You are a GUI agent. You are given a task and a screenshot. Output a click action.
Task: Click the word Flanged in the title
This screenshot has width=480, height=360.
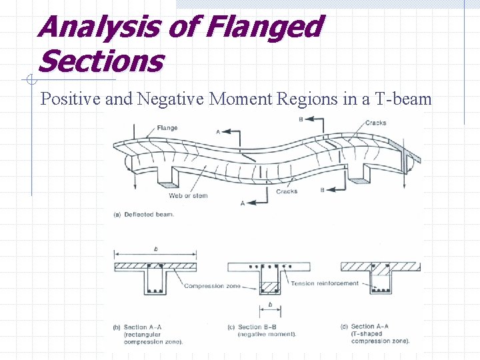click(x=264, y=28)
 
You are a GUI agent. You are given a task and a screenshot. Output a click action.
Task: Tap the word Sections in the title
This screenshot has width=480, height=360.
click(x=101, y=62)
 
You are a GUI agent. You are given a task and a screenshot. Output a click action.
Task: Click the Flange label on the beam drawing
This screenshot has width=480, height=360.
click(x=167, y=128)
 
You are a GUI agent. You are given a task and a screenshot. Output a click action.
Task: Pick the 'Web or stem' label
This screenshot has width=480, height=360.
click(x=188, y=196)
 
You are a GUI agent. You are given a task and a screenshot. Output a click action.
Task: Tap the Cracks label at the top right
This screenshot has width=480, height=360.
click(x=375, y=123)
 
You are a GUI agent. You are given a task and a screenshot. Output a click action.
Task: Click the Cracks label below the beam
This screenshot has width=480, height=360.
click(x=287, y=191)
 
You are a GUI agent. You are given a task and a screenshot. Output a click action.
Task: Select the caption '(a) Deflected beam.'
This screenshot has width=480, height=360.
click(x=145, y=215)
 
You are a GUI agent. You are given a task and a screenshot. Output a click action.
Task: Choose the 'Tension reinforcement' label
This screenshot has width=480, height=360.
click(x=325, y=283)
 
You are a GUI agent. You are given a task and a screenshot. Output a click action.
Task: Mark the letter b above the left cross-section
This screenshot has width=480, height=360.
click(x=155, y=249)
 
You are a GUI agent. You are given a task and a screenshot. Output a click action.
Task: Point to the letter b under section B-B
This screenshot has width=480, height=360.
click(x=269, y=305)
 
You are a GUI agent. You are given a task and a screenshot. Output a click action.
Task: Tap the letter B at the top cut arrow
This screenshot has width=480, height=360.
click(x=301, y=119)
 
